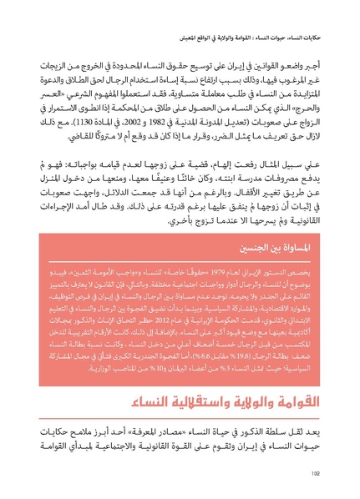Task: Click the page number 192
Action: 316,473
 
